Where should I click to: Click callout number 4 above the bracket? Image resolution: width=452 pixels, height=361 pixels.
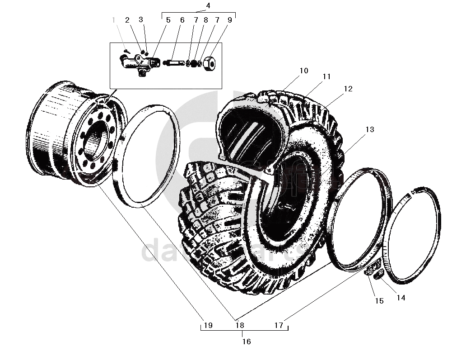(208, 5)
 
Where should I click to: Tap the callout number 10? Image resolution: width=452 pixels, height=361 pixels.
(303, 71)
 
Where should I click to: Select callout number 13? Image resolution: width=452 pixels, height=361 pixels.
(370, 129)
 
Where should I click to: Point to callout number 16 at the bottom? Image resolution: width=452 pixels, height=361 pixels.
(246, 342)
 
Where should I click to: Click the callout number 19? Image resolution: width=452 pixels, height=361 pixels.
(207, 325)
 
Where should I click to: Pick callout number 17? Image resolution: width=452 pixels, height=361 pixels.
(279, 325)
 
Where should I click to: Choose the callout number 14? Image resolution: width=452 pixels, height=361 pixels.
(401, 298)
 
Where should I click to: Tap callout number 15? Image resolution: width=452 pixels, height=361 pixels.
(379, 301)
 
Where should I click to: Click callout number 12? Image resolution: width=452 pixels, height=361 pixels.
(347, 89)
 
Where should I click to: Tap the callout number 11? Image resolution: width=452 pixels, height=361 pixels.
(326, 77)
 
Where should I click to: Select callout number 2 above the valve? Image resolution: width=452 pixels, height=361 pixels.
(127, 20)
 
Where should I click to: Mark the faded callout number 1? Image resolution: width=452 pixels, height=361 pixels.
(114, 20)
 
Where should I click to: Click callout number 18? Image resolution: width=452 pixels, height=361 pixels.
(239, 325)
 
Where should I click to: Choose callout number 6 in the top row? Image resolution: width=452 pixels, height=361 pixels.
(182, 20)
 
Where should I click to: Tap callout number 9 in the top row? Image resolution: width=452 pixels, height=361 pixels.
(230, 20)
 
